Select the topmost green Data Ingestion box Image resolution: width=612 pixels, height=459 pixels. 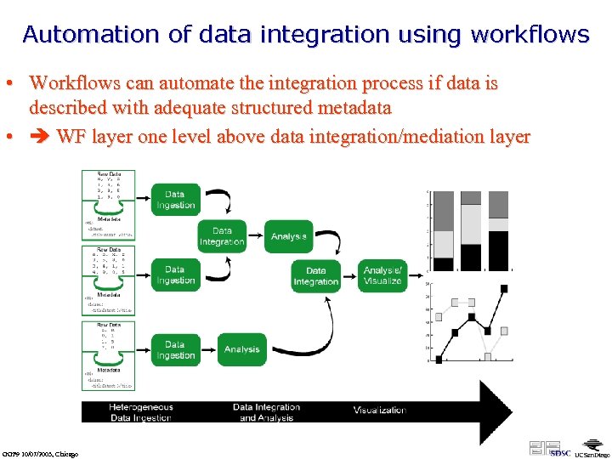[x=175, y=200]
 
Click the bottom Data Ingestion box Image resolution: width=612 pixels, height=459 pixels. [x=175, y=350]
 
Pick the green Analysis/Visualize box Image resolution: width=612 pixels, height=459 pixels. [x=382, y=275]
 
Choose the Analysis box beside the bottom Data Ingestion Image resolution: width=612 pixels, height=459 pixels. [x=241, y=349]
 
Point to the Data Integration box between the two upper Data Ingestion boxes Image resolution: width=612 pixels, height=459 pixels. [x=222, y=236]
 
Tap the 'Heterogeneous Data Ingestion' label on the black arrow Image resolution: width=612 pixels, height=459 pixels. [x=140, y=412]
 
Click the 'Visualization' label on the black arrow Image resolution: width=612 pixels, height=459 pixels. [x=379, y=411]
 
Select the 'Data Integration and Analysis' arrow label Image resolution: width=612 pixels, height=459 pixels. [x=266, y=412]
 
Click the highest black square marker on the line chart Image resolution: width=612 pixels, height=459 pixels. [x=504, y=289]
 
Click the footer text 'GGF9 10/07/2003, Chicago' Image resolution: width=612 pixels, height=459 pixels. [x=40, y=455]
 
